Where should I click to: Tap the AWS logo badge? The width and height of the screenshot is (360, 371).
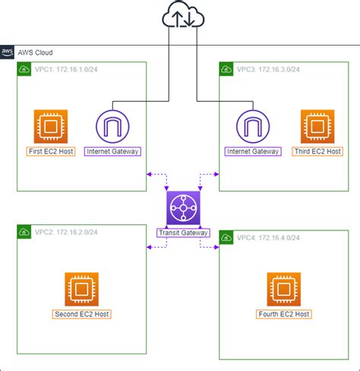coord(8,52)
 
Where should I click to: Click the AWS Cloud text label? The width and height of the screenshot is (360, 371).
coord(35,52)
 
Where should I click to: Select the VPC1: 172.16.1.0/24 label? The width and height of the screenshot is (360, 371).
coord(64,69)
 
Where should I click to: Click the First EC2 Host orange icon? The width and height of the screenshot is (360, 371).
coord(51,126)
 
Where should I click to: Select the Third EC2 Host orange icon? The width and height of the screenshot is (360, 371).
coord(317,126)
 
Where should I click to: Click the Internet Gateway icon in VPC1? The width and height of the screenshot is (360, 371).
coord(112,126)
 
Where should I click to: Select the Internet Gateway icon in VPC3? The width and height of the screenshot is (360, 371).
coord(253,126)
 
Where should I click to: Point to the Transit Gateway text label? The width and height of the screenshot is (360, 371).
coord(182,232)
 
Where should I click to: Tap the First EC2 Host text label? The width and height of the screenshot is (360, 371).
coord(51,151)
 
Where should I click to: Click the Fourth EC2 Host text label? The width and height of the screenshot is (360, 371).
coord(283,314)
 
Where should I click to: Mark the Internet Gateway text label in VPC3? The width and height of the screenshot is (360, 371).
coord(253,151)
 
